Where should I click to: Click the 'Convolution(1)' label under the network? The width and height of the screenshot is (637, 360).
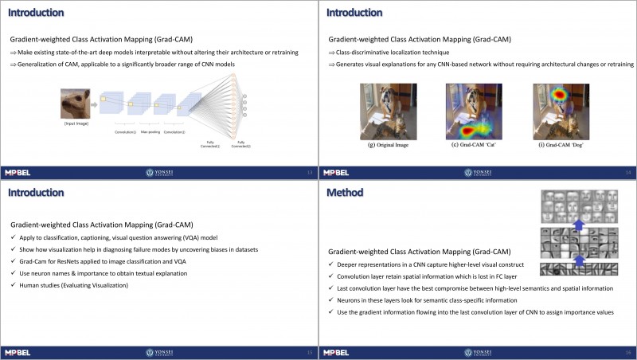[x=125, y=131]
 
